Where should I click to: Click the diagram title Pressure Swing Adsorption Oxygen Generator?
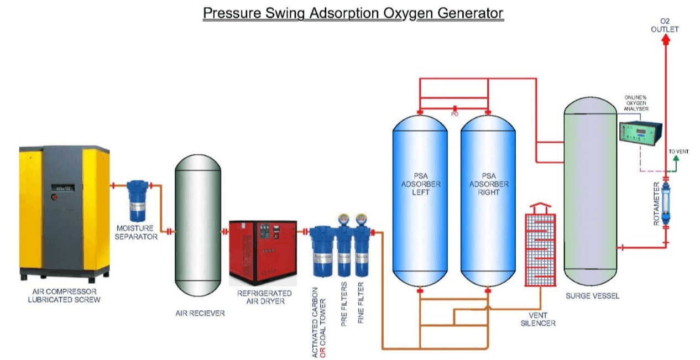[x=353, y=13]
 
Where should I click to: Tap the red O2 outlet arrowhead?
[x=666, y=40]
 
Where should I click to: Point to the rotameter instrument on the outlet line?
[x=666, y=203]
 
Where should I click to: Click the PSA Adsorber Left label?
[x=419, y=184]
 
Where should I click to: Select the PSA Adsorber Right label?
[x=488, y=184]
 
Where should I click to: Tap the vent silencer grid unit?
[x=540, y=249]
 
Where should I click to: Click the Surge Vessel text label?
[x=592, y=296]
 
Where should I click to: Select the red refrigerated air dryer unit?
[x=259, y=252]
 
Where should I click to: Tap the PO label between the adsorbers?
[x=455, y=114]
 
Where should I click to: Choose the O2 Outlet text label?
[x=665, y=25]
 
